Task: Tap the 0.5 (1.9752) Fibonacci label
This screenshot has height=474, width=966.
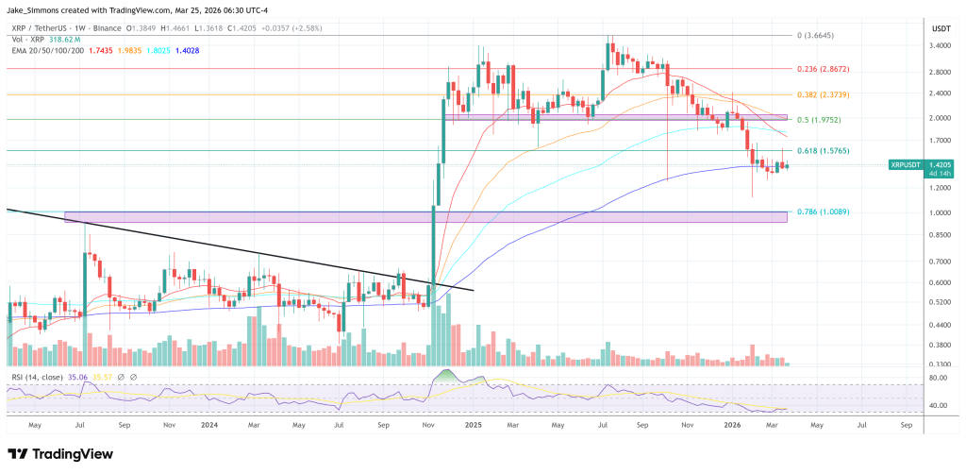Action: click(x=816, y=120)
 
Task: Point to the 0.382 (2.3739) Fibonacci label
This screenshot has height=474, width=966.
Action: click(x=819, y=95)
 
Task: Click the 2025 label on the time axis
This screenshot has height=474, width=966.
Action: click(x=473, y=426)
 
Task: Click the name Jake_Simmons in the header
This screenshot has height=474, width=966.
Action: click(x=37, y=10)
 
